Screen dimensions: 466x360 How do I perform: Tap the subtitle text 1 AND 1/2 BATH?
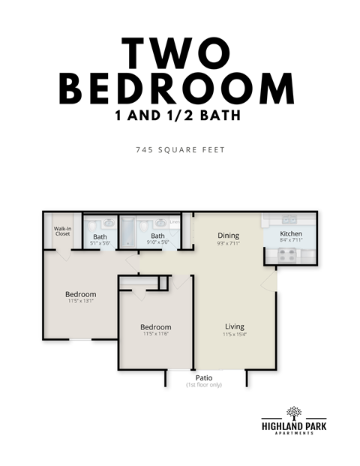pyautogui.click(x=180, y=118)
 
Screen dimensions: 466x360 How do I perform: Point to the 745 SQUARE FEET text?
pyautogui.click(x=180, y=150)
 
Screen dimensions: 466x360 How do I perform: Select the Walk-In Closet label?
pyautogui.click(x=62, y=231)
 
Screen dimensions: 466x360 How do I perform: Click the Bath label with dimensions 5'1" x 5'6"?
pyautogui.click(x=100, y=236)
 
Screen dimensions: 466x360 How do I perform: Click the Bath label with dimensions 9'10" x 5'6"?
pyautogui.click(x=157, y=236)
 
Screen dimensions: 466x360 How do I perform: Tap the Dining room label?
pyautogui.click(x=228, y=236)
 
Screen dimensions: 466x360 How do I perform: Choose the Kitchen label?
pyautogui.click(x=291, y=234)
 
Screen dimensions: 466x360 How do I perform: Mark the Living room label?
pyautogui.click(x=235, y=326)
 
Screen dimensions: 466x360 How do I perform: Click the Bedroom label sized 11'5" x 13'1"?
pyautogui.click(x=80, y=293)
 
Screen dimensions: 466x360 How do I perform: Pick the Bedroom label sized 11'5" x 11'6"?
pyautogui.click(x=156, y=327)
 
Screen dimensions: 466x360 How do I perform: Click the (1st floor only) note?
pyautogui.click(x=204, y=385)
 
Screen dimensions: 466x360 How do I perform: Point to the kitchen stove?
pyautogui.click(x=288, y=254)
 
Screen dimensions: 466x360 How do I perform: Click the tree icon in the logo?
pyautogui.click(x=294, y=413)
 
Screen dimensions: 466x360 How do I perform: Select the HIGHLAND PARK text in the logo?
pyautogui.click(x=294, y=428)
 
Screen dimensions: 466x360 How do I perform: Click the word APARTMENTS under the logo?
pyautogui.click(x=294, y=436)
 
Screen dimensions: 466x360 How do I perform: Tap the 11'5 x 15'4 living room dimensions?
pyautogui.click(x=235, y=335)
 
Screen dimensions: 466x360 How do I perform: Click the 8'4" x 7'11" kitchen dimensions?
pyautogui.click(x=291, y=242)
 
